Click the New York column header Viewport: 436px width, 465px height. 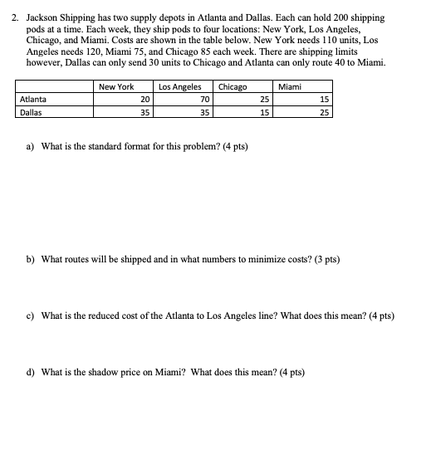[115, 87]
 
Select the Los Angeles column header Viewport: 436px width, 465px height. [179, 87]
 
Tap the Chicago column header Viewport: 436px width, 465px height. [232, 87]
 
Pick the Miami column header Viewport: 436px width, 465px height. [290, 87]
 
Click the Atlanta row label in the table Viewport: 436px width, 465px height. [32, 100]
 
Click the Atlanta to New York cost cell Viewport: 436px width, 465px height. [145, 100]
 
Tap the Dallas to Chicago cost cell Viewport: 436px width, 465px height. [264, 112]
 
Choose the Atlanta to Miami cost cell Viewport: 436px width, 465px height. [323, 100]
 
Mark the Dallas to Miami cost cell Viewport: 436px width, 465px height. [323, 112]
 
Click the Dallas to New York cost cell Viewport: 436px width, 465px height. [145, 112]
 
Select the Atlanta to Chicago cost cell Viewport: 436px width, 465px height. [264, 100]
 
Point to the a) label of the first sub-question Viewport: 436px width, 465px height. [31, 147]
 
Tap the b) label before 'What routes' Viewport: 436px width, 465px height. [31, 260]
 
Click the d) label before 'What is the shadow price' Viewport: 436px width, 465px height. [31, 372]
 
